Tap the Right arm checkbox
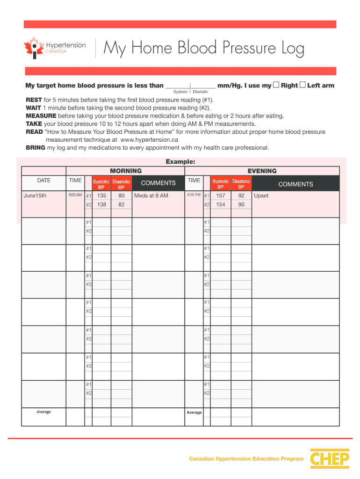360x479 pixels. [x=276, y=85]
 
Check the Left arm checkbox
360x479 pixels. [x=302, y=85]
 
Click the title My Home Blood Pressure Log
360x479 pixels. [x=203, y=48]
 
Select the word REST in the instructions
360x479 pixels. [x=34, y=100]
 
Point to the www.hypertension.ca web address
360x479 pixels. [x=149, y=140]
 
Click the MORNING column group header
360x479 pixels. [x=125, y=171]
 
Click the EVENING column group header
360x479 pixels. [x=262, y=171]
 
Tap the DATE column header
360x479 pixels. [x=44, y=181]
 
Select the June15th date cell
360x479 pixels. [x=35, y=196]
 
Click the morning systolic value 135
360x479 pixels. [x=101, y=196]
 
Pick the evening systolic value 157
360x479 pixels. [x=221, y=196]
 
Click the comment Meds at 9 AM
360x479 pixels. [x=151, y=196]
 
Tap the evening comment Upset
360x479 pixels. [x=261, y=196]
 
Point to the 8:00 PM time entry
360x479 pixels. [x=194, y=195]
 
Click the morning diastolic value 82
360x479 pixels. [x=122, y=205]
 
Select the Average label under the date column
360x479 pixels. [x=44, y=412]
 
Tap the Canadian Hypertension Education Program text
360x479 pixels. [x=246, y=459]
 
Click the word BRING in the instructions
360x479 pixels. [x=36, y=148]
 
